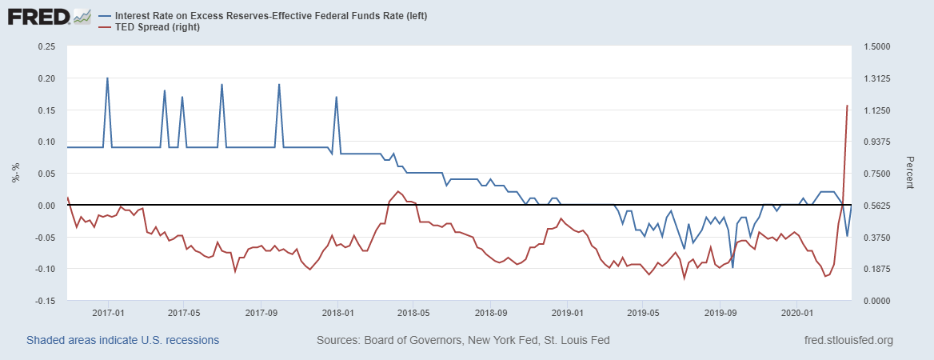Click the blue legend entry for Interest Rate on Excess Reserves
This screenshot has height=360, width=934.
(264, 16)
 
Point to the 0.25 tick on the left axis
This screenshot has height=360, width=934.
(45, 46)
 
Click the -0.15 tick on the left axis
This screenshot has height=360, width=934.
(43, 301)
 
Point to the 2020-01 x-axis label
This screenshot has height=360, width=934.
(797, 312)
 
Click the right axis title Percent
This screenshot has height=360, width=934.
(909, 173)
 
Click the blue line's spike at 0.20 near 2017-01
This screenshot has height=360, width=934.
(107, 78)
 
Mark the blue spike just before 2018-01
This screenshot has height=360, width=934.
(337, 98)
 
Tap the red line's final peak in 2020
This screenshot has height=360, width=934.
(847, 106)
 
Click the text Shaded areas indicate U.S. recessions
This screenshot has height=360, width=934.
(122, 340)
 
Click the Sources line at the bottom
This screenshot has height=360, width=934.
(463, 340)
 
